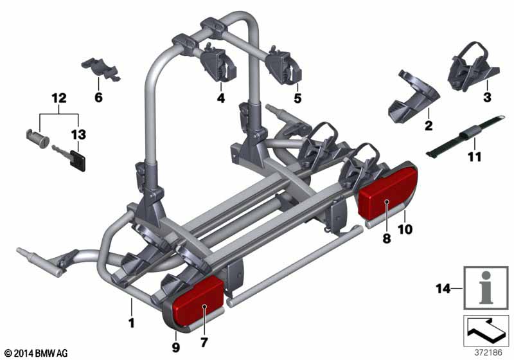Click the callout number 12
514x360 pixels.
(x=59, y=98)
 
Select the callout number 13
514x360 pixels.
(x=78, y=134)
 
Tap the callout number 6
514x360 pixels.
(x=98, y=97)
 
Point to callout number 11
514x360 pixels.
(x=475, y=157)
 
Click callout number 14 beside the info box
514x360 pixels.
(x=443, y=289)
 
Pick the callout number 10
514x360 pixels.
(x=405, y=230)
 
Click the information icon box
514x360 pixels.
(x=486, y=288)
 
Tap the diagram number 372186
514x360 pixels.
(x=488, y=353)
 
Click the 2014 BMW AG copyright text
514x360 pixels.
(x=37, y=354)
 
